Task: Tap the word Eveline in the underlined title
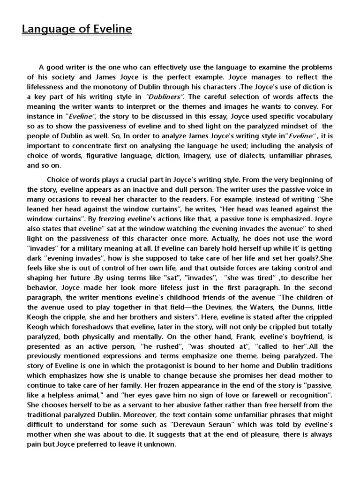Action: click(109, 30)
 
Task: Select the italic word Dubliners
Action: click(166, 97)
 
